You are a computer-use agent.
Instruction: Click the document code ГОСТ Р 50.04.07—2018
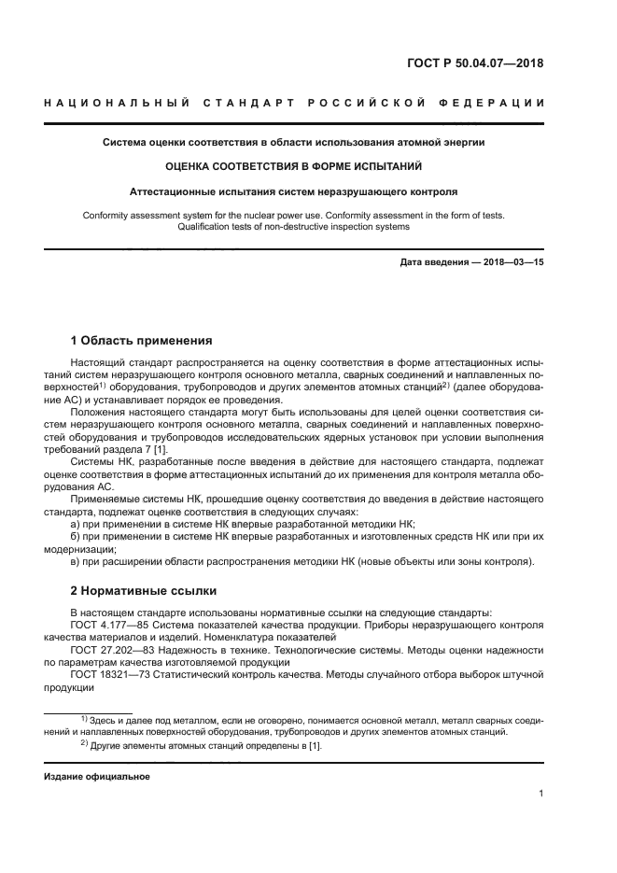coord(476,64)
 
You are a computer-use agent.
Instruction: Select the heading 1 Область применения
coord(142,340)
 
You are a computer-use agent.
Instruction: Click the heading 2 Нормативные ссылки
coord(144,590)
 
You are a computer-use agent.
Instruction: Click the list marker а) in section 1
coord(76,525)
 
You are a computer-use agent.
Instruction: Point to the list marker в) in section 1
coord(76,561)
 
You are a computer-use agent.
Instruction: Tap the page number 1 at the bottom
coord(540,795)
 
